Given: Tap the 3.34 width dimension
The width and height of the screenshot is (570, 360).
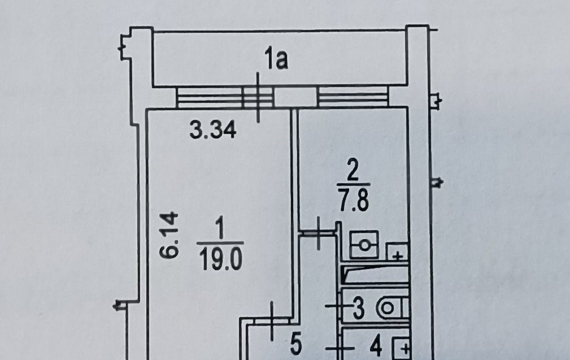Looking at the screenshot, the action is pos(213,130).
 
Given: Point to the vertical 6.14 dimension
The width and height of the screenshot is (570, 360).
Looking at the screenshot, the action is pos(169,235).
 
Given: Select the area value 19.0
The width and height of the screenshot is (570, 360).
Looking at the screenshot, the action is pos(221,261).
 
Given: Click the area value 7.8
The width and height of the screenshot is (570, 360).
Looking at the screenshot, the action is pos(354,201).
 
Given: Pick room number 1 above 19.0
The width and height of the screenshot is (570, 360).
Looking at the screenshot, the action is pos(220,227).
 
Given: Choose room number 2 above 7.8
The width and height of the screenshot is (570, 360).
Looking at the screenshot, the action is pos(353,171).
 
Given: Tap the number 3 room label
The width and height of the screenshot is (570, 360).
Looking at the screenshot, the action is pos(358,307).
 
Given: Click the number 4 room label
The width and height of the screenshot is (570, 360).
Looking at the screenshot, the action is pos(376,346).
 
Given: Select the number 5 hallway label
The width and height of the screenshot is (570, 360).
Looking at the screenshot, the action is pos(296,344).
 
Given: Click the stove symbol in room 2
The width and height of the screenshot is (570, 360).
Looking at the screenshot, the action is pos(364,245).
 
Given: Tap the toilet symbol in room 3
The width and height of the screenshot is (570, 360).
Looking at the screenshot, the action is pos(392,308).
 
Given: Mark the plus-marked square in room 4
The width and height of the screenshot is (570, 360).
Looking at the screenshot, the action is pos(401,349).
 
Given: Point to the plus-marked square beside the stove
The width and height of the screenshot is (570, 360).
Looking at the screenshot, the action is pos(397,251).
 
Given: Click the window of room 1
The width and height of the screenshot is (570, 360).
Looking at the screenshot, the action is pos(224,97).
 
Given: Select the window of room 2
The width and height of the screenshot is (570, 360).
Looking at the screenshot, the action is pos(353,97).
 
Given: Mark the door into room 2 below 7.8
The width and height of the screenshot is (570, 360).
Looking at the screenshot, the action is pos(319,233).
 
